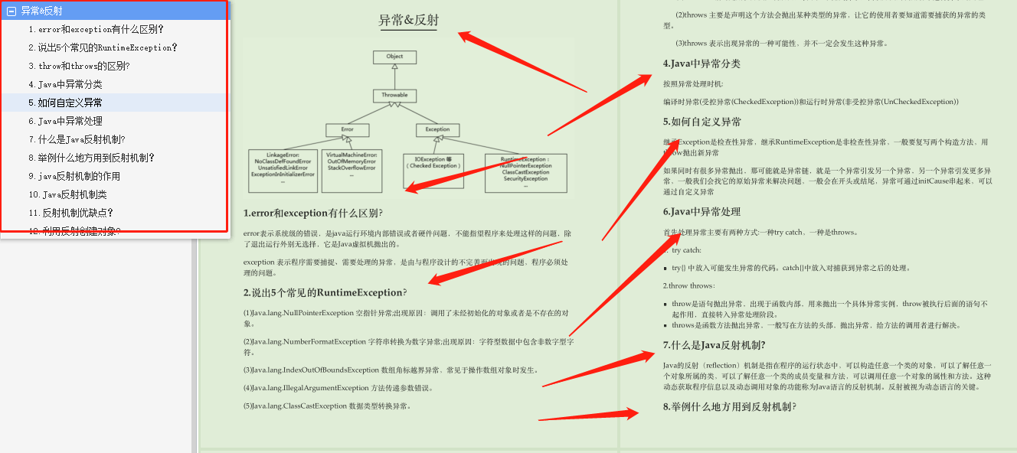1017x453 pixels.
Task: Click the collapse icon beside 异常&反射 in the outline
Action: click(11, 11)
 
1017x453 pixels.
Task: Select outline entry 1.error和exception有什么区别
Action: click(96, 29)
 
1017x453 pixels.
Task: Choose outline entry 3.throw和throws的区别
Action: click(79, 66)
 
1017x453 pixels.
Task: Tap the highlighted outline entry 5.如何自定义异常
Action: click(70, 103)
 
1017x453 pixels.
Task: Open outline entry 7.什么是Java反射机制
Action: click(77, 139)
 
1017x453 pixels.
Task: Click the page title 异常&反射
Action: click(409, 21)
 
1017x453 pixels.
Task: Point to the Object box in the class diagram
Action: click(394, 57)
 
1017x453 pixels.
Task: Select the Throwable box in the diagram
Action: click(394, 96)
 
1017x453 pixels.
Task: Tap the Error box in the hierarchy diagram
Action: click(347, 129)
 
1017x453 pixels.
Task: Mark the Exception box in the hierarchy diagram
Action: click(437, 129)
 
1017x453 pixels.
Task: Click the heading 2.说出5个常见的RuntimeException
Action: click(325, 292)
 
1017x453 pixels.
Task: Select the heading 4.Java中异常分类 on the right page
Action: click(701, 64)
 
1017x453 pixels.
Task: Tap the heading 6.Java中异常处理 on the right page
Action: click(701, 212)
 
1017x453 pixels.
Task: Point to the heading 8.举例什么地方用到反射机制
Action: click(729, 407)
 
